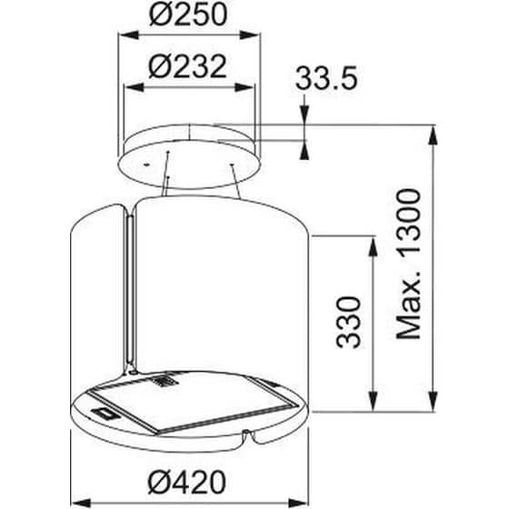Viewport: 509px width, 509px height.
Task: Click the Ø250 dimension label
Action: [x=189, y=15]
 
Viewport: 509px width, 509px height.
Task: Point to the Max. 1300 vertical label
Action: [x=411, y=264]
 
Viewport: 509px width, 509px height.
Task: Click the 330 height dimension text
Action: [x=350, y=319]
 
